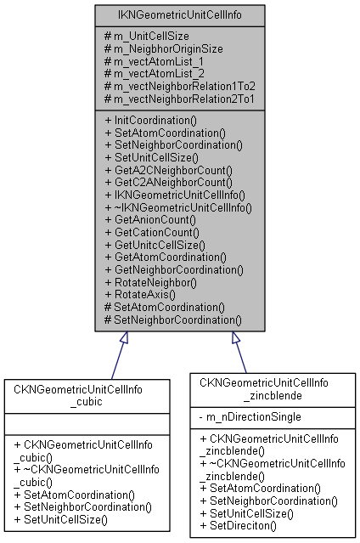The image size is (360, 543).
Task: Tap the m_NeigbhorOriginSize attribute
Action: [x=163, y=49]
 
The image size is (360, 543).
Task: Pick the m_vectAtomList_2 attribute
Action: [x=154, y=75]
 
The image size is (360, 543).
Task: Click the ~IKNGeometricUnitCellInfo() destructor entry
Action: [x=179, y=206]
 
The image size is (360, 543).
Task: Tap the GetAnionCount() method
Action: [x=153, y=219]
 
